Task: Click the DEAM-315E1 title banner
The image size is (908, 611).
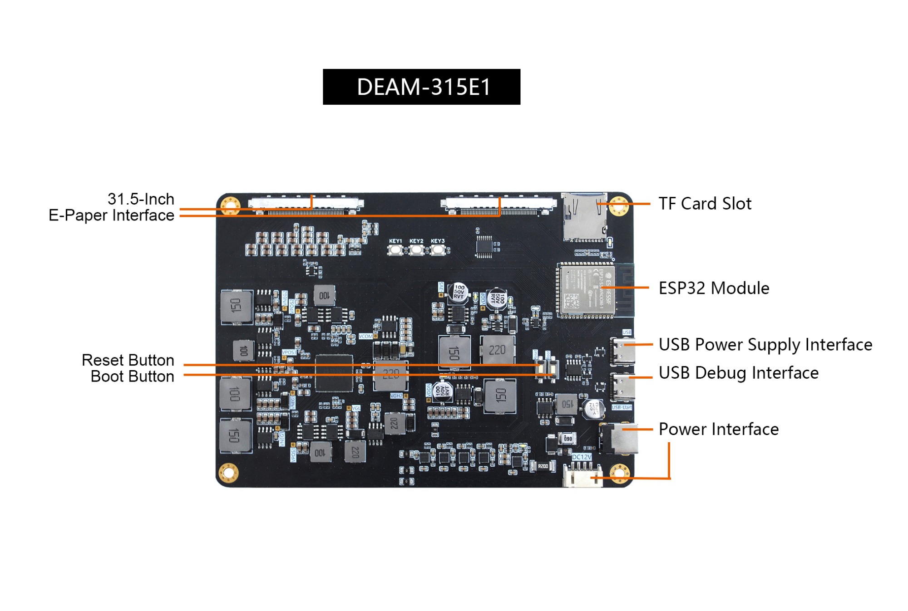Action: (x=421, y=87)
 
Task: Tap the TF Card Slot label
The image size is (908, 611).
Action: (x=705, y=204)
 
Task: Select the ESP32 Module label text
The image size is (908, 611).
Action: (x=714, y=288)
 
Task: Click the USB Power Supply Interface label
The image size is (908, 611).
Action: (x=765, y=345)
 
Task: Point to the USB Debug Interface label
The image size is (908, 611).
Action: (x=738, y=373)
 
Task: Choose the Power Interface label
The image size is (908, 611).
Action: (x=718, y=429)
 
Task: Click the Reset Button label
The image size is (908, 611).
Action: (x=128, y=360)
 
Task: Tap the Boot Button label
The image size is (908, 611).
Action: (x=132, y=376)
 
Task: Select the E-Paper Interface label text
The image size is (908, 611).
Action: (x=111, y=215)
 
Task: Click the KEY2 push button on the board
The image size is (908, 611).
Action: (x=416, y=249)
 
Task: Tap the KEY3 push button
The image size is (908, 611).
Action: (x=438, y=249)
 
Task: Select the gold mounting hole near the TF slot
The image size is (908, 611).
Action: (x=618, y=205)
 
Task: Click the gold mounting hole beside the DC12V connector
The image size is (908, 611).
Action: (x=619, y=473)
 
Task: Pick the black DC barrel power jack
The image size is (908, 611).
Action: (x=620, y=439)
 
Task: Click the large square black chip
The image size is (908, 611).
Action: (x=334, y=373)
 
